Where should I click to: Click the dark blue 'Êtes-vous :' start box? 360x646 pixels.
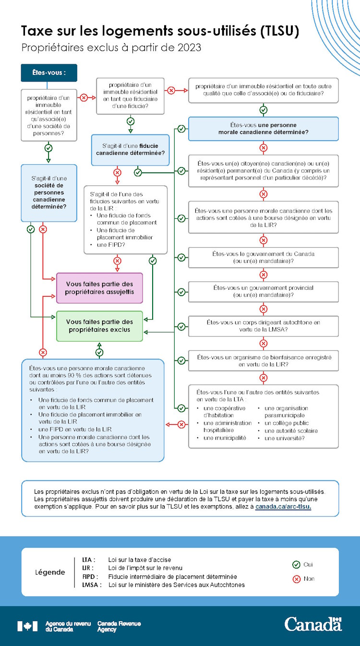[48, 73]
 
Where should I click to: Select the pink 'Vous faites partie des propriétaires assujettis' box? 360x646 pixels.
[99, 288]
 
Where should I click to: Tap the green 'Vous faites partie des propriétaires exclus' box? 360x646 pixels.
[99, 326]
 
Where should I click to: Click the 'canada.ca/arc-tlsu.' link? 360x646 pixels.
[283, 506]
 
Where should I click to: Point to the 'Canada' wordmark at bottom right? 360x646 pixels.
[313, 624]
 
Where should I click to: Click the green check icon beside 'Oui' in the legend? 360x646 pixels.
[296, 565]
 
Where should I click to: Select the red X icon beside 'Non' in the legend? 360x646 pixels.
[296, 579]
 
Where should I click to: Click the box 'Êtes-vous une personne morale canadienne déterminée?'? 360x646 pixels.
[263, 129]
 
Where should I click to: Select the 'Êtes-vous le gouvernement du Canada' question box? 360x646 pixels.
[263, 257]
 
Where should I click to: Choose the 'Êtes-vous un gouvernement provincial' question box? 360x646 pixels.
[263, 291]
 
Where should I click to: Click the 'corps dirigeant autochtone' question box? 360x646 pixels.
[263, 326]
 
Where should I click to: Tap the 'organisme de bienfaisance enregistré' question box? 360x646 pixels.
[263, 360]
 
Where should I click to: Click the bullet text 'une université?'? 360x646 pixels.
[284, 438]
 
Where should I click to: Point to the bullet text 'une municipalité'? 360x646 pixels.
[225, 438]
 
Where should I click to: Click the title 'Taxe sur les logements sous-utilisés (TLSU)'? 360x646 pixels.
[160, 31]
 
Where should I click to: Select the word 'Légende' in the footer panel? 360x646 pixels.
[50, 572]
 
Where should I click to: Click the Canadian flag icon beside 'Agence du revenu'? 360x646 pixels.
[27, 626]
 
